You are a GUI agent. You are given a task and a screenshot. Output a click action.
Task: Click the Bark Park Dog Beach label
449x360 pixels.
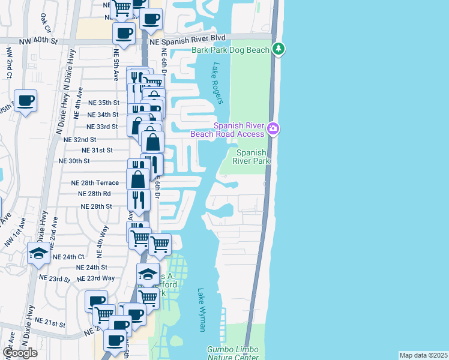[231, 50]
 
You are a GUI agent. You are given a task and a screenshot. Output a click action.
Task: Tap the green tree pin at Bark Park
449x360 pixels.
[278, 49]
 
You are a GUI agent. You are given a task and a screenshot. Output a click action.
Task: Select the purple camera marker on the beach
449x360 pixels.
[274, 128]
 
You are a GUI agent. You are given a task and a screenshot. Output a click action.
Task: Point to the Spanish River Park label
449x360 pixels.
[252, 157]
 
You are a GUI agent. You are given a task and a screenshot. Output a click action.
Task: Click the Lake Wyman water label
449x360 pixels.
[202, 310]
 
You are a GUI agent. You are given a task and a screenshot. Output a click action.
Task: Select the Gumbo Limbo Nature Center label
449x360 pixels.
[232, 353]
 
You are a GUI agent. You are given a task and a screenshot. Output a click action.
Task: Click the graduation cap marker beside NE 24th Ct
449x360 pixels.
[38, 254]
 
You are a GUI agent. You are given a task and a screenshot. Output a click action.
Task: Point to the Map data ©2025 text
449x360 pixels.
[423, 355]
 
